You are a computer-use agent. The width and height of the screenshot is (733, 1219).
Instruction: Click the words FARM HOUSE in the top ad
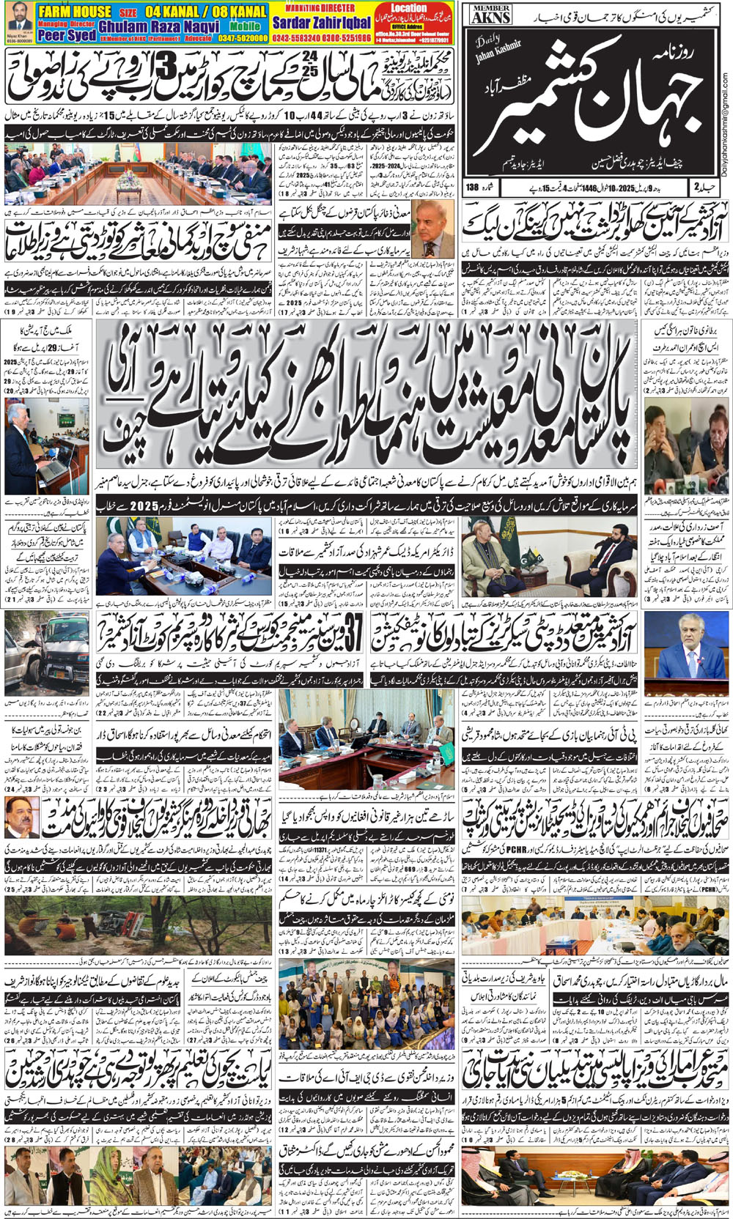pos(74,11)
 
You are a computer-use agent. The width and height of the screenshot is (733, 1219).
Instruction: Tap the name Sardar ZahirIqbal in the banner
pos(322,23)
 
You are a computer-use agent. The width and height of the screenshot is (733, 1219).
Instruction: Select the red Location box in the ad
pos(408,8)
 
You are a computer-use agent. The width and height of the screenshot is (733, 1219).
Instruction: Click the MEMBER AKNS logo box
pos(491,13)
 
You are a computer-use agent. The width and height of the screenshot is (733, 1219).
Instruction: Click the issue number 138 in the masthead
pos(472,188)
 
